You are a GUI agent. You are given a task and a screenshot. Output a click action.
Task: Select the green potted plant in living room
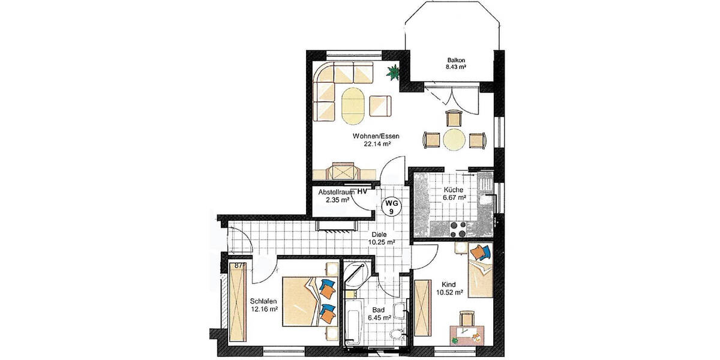(392, 73)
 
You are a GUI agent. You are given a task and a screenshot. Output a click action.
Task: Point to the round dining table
(455, 140)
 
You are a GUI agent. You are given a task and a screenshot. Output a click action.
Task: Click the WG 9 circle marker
(391, 208)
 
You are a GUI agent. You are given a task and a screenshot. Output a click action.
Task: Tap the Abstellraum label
(334, 191)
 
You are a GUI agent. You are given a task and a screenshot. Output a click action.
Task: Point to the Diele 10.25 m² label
(382, 238)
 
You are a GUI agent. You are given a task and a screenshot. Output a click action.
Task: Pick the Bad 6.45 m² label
(379, 314)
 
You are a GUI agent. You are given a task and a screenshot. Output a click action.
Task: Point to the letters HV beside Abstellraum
(362, 191)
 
